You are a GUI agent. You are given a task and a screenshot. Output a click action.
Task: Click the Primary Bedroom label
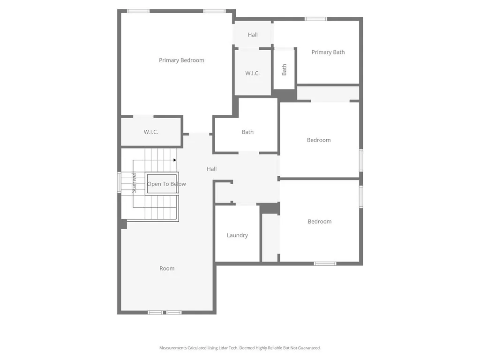(181, 60)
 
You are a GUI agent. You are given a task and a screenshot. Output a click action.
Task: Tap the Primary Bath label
(328, 52)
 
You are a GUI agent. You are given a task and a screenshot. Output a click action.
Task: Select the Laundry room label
(237, 235)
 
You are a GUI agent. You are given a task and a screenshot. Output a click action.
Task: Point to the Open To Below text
(166, 184)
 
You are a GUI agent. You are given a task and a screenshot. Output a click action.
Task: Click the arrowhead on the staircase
(175, 160)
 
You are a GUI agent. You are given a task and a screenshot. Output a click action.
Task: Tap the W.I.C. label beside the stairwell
(151, 132)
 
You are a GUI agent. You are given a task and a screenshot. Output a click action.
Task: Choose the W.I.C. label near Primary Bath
(252, 73)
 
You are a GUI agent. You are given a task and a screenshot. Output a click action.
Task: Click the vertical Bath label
(284, 70)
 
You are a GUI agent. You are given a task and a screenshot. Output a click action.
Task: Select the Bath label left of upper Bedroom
(247, 132)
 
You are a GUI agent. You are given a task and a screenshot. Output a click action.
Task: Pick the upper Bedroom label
(319, 140)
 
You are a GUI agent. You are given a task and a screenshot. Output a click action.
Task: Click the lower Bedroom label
(320, 221)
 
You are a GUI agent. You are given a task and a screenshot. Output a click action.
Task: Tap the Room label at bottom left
(167, 268)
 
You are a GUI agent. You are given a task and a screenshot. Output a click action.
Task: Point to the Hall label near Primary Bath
(253, 35)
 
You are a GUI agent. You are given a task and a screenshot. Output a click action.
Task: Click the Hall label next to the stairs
(212, 169)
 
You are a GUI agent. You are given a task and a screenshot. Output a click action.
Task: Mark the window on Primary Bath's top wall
(315, 19)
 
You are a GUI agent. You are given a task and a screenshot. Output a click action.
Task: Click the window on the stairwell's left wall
(119, 182)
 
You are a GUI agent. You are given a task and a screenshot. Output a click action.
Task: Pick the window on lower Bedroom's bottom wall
(325, 263)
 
